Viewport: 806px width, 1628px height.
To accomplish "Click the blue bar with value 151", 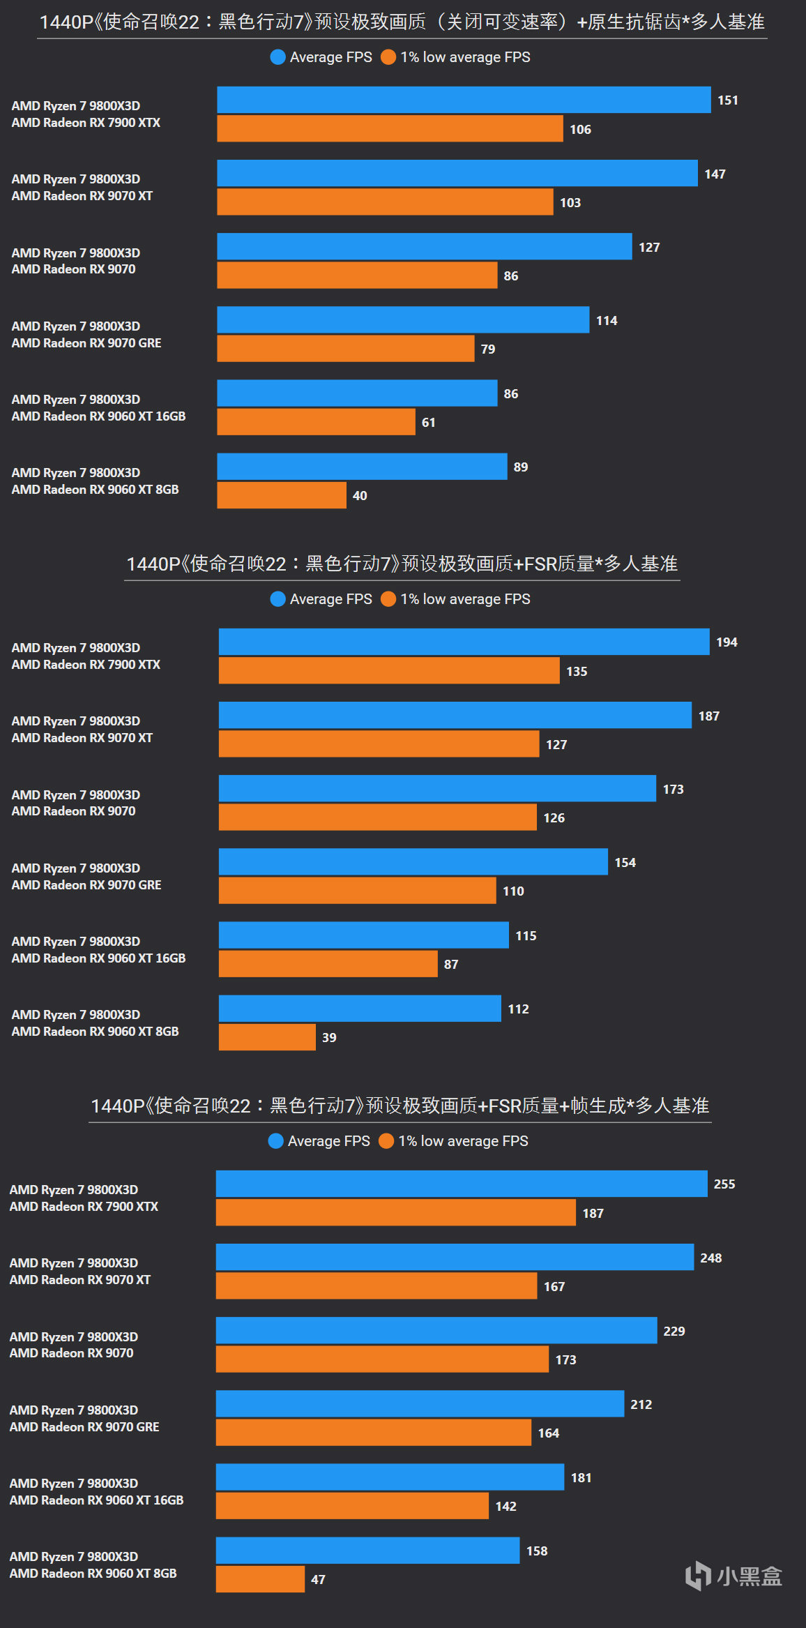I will point(464,100).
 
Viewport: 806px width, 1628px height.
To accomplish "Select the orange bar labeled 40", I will point(281,495).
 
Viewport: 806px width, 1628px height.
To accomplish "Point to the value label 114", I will point(607,321).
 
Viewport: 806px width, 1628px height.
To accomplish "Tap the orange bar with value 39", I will point(267,1037).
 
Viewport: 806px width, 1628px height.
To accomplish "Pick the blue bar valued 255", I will point(462,1184).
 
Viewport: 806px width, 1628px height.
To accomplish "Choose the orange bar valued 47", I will point(260,1579).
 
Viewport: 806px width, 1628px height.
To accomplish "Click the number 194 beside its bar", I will point(727,642).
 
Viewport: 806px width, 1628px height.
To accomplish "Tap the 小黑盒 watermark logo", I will point(733,1576).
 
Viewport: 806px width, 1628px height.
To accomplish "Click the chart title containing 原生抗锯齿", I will point(402,22).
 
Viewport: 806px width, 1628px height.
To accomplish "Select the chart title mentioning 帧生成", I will point(400,1106).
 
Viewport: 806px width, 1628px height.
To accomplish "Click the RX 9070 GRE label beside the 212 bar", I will point(84,1427).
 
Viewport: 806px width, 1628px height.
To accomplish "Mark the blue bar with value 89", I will point(362,467).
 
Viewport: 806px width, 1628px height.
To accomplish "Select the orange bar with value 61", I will point(316,422).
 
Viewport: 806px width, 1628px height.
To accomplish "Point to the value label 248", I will point(710,1258).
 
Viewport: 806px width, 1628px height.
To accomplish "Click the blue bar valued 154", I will point(413,862).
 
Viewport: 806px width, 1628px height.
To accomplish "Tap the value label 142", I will point(505,1507).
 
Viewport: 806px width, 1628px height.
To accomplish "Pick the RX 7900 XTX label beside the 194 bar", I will point(86,665).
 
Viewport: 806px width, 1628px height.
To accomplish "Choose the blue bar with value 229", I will point(436,1330).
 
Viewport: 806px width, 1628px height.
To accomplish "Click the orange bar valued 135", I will point(389,671).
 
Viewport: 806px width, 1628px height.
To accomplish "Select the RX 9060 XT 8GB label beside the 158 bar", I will point(93,1574).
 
